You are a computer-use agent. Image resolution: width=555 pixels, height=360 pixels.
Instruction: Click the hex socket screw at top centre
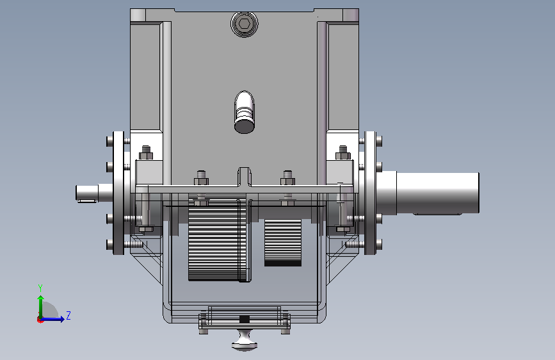(x=245, y=24)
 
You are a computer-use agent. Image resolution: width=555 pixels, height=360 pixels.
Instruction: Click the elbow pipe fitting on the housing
(x=245, y=112)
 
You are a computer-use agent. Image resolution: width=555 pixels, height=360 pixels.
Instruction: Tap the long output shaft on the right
(x=428, y=193)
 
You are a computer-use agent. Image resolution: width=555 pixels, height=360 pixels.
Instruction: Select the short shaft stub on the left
(x=95, y=193)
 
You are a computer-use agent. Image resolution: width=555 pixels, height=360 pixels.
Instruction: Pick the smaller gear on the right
(x=283, y=243)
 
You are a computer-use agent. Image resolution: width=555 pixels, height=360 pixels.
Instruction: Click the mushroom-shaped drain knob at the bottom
(x=245, y=340)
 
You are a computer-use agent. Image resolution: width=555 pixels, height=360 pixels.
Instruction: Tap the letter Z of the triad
(x=68, y=315)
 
